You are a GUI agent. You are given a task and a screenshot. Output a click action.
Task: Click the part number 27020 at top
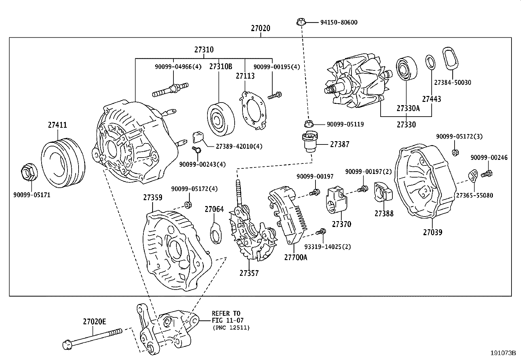tap(260, 28)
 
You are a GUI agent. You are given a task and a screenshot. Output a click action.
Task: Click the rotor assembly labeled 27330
tap(357, 85)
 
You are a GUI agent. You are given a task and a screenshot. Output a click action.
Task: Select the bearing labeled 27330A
tap(407, 69)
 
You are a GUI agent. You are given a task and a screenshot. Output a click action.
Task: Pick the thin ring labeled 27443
tap(431, 63)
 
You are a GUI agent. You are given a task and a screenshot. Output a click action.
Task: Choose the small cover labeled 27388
tap(383, 193)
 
